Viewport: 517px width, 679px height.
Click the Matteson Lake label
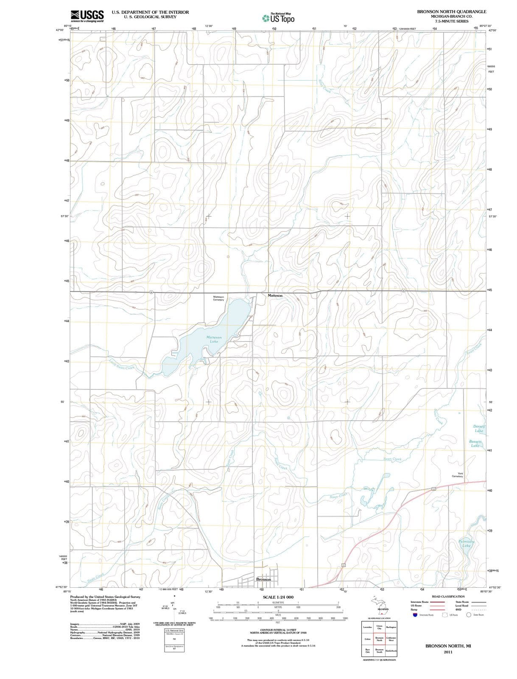[214, 339]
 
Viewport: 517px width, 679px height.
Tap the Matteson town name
[275, 295]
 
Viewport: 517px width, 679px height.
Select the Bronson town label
[263, 579]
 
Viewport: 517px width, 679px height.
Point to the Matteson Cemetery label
[218, 298]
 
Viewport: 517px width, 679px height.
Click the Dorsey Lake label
[479, 429]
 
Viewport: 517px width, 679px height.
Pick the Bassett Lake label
[475, 444]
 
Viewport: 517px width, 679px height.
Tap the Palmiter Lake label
[467, 544]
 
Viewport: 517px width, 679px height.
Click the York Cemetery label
[457, 475]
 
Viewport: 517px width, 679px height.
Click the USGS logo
[87, 16]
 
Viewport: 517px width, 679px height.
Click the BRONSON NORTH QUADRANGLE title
[451, 11]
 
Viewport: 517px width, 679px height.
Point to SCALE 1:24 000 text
[278, 597]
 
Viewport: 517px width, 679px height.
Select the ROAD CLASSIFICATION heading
[448, 596]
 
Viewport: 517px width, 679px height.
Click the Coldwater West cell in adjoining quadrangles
[391, 639]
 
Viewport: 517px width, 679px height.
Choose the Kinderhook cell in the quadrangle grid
[391, 651]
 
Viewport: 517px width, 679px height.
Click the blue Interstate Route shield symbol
[414, 615]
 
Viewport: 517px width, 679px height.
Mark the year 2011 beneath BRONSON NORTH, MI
[448, 652]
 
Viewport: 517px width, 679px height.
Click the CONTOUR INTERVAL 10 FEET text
[278, 629]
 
